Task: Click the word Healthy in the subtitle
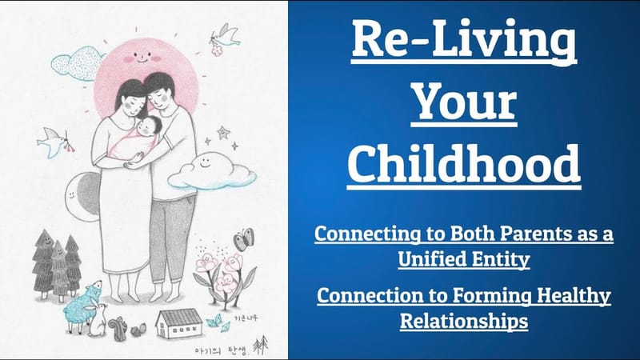(564, 297)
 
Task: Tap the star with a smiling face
(225, 132)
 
